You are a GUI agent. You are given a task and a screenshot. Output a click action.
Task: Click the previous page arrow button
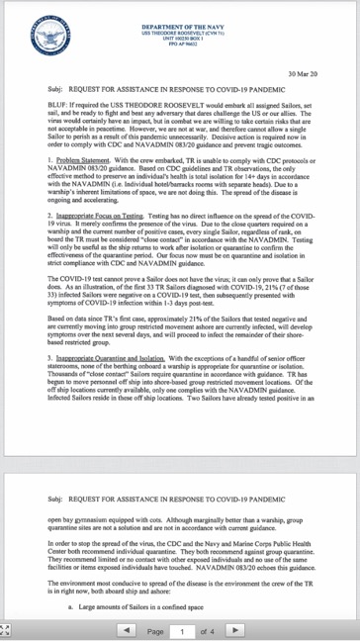point(127,629)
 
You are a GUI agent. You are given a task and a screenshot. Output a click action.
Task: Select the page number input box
point(182,629)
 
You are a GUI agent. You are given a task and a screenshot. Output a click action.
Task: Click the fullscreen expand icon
point(8,629)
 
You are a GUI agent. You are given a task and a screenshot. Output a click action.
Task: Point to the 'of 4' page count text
point(207,629)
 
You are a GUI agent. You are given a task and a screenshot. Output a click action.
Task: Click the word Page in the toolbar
point(155,629)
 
